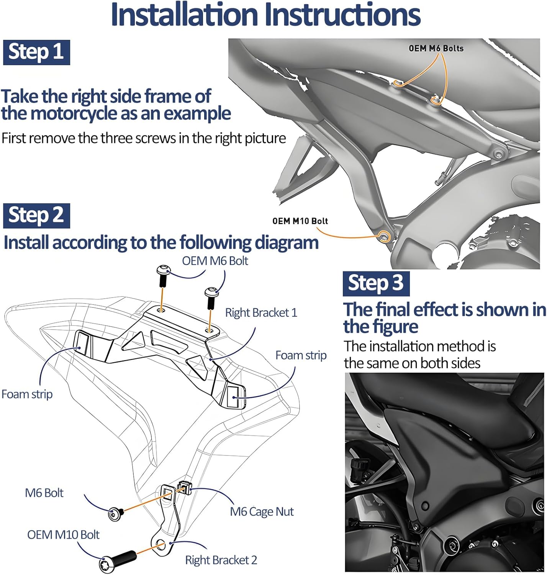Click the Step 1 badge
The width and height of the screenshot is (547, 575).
36,52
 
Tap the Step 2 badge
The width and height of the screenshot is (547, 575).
36,215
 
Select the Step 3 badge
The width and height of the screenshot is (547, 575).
376,284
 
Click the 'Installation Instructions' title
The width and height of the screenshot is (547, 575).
265,15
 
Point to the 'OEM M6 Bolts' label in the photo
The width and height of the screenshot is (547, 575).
436,48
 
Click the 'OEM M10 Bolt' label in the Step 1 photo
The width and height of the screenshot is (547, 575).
300,221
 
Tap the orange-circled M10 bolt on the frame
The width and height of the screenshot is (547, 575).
383,236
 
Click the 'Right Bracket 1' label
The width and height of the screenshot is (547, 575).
261,313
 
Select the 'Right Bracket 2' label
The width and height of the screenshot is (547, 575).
221,560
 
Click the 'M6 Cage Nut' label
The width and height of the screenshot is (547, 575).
262,512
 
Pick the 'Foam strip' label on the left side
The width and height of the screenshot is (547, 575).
27,394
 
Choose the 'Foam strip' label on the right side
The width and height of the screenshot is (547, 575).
301,355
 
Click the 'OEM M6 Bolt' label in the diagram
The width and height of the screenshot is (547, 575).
215,261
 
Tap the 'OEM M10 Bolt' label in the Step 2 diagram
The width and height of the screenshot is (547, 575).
63,535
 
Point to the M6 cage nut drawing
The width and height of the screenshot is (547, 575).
184,486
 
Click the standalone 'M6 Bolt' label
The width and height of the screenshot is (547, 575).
44,493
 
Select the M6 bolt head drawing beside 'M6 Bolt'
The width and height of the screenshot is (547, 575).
115,514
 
